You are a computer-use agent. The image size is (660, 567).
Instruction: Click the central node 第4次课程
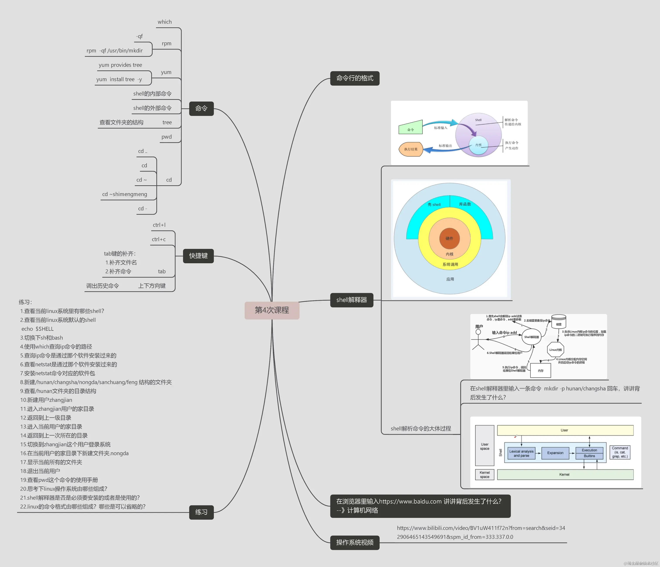[x=272, y=310]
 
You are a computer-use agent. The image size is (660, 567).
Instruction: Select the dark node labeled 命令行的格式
[x=354, y=78]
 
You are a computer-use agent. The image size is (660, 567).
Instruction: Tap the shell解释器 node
[x=351, y=300]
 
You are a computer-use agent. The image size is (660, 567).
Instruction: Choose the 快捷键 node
[x=198, y=256]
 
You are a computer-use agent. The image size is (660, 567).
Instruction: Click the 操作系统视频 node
[x=354, y=543]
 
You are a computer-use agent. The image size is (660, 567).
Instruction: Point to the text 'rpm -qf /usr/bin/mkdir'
[x=115, y=51]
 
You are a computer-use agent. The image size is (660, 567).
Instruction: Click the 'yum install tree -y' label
[x=119, y=79]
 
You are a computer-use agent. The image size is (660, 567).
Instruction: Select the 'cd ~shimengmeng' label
[x=125, y=194]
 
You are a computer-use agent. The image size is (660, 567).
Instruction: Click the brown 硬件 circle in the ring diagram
[x=449, y=238]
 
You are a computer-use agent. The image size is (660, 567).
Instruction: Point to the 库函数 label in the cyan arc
[x=465, y=204]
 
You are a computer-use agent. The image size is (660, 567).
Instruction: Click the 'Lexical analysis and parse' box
[x=521, y=453]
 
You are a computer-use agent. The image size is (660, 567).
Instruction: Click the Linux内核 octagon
[x=555, y=350]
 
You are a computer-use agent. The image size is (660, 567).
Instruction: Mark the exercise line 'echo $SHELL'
[x=38, y=329]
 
